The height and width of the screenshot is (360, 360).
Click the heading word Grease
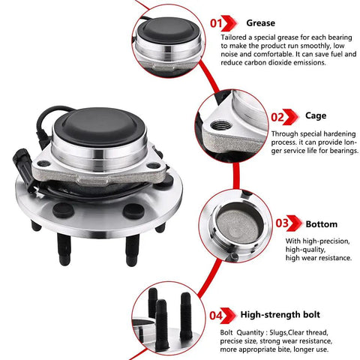[x=260, y=23]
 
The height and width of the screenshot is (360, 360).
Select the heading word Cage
[x=316, y=116]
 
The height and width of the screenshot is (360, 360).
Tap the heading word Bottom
[x=322, y=224]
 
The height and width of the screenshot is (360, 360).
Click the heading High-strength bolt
[x=280, y=314]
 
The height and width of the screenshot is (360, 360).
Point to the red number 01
[x=216, y=23]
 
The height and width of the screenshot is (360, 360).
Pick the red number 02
[x=277, y=117]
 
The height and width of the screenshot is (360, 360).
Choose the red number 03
[x=282, y=223]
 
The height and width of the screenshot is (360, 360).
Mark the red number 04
[x=216, y=316]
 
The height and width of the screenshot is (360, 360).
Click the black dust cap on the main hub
[x=100, y=127]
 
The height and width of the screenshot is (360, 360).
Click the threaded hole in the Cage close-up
[x=221, y=125]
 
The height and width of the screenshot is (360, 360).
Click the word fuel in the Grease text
[x=337, y=54]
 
